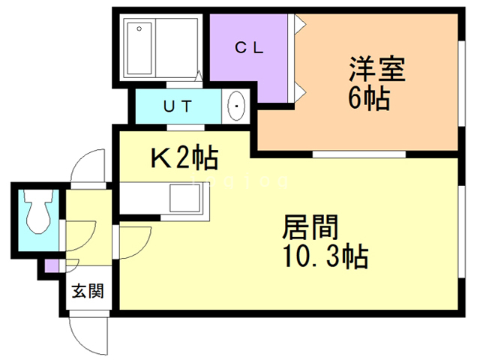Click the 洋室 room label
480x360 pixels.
pos(376,70)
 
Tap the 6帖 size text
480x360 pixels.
pos(368,98)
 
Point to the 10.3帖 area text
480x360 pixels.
pos(324,257)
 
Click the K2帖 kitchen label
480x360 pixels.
pos(184,157)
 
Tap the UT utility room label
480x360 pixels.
pos(178,106)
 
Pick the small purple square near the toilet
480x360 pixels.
pos(51,265)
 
